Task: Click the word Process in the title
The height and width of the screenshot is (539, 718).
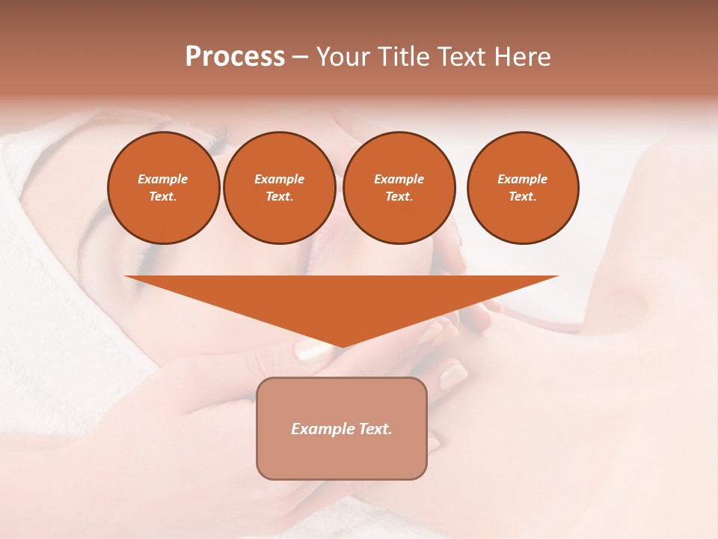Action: coord(235,56)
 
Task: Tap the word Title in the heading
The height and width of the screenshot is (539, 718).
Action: coord(405,56)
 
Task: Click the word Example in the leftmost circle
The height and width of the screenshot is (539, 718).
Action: coord(163,179)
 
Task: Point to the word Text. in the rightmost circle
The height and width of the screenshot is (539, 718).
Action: coord(522,196)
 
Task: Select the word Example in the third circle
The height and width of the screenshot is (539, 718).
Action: coord(399,179)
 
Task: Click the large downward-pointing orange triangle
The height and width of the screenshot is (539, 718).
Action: coord(341,299)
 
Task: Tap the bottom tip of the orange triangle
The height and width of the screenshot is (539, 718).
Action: coord(341,345)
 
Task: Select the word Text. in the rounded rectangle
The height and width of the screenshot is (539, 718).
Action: coord(375,429)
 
